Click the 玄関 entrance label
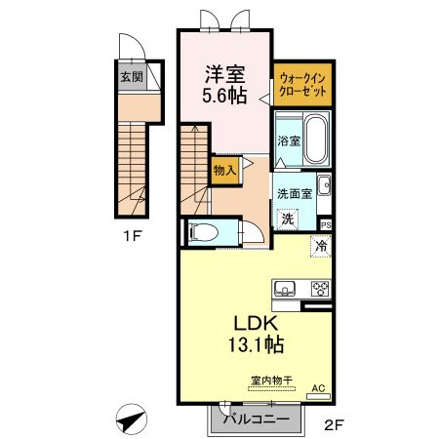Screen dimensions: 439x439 pos(130,75)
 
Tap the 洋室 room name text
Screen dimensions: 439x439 pos(224,74)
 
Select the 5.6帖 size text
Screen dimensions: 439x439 pos(224,96)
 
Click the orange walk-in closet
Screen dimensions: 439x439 pos(302,82)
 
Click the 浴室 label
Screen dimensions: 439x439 pos(288,140)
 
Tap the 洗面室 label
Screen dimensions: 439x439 pos(294,193)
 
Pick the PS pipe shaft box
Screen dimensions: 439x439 pos(326,222)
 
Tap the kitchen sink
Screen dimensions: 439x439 pos(286,288)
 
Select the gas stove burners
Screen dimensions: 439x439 pos(320,288)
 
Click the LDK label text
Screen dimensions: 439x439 pos(257,323)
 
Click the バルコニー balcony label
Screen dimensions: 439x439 pos(255,420)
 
